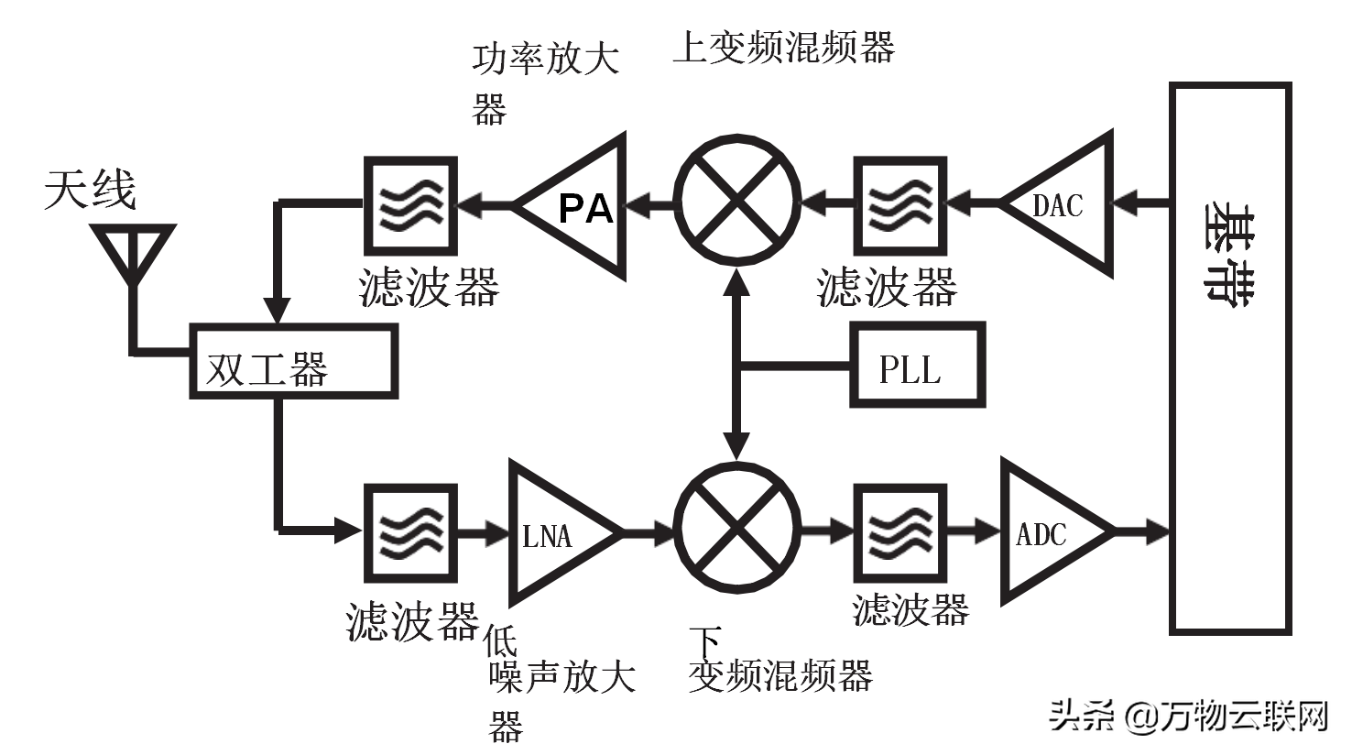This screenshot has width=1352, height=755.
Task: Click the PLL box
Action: (917, 366)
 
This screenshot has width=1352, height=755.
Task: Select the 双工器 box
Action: (293, 363)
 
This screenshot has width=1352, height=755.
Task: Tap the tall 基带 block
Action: (1230, 357)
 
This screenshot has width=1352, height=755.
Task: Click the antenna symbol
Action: (134, 253)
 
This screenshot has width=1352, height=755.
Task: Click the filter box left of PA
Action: (410, 205)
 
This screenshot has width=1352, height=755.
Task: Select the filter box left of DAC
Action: (900, 205)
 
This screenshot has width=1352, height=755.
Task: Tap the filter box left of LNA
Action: (410, 532)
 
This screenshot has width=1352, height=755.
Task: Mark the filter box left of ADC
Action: (900, 532)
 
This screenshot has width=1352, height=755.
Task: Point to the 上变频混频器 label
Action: (783, 46)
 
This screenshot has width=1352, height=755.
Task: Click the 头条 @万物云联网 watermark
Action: (1188, 716)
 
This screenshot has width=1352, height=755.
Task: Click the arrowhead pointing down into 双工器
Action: (277, 312)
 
